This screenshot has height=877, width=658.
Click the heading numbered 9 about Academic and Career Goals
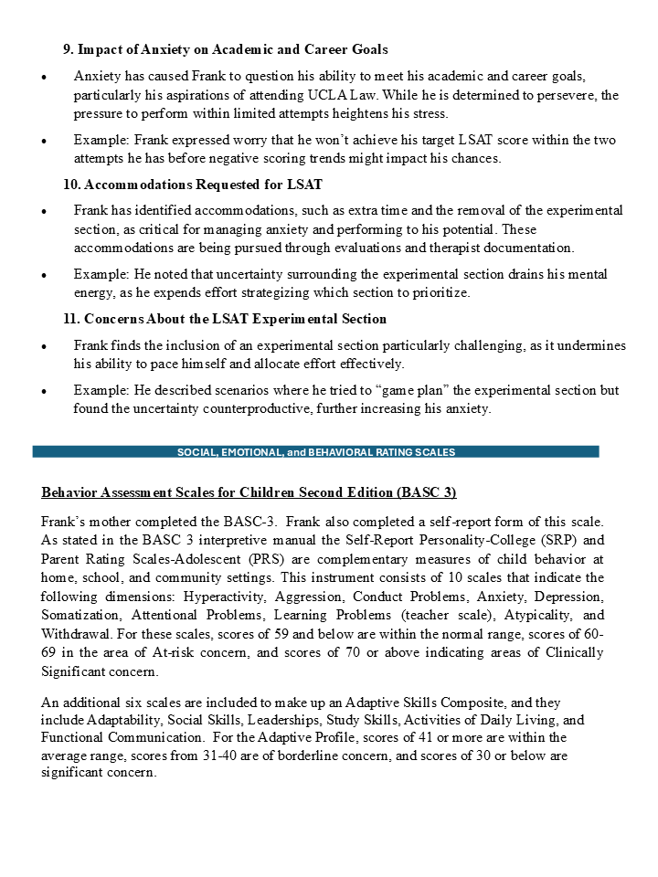pyautogui.click(x=225, y=49)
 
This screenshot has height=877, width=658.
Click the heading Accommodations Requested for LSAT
pyautogui.click(x=192, y=185)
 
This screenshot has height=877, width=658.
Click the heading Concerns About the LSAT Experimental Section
pyautogui.click(x=225, y=319)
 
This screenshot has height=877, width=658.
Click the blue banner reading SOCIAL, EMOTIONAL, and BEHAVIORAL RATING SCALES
pyautogui.click(x=315, y=451)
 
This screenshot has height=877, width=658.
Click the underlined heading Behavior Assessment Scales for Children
pyautogui.click(x=249, y=492)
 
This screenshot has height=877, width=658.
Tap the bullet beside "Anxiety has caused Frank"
pyautogui.click(x=44, y=76)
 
